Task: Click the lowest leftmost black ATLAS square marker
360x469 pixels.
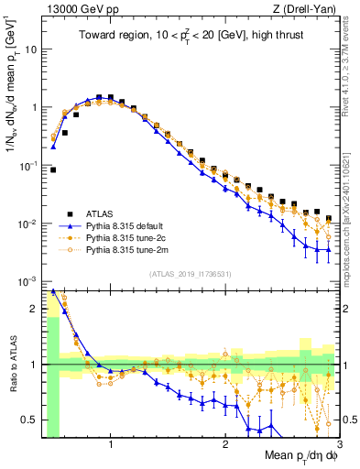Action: click(x=53, y=169)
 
